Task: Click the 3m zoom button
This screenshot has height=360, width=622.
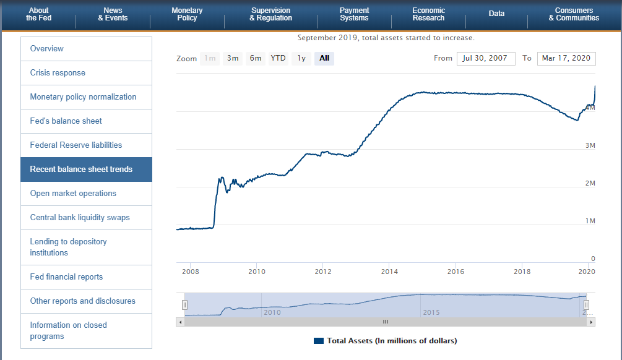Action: tap(233, 59)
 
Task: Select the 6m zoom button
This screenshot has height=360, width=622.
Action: tap(256, 59)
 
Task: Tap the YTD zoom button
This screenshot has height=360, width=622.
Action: tap(279, 59)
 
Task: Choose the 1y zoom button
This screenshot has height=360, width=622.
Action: tap(301, 59)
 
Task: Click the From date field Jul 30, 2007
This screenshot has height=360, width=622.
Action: tap(486, 59)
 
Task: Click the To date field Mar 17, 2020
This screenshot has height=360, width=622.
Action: tap(566, 59)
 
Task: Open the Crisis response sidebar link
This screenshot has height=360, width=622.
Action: tap(58, 73)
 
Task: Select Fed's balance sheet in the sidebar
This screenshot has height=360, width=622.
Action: tap(66, 121)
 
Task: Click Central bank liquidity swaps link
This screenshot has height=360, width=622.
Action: tap(80, 218)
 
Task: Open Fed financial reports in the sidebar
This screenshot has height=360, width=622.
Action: tap(66, 277)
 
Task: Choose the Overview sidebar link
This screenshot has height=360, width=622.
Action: tap(47, 49)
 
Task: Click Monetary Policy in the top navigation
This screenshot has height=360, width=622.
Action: tap(187, 14)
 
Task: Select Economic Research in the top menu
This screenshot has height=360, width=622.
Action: tap(428, 14)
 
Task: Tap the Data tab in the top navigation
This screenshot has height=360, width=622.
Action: tap(496, 14)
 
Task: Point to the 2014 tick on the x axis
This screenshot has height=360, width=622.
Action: tap(389, 272)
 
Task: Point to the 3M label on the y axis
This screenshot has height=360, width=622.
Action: tap(590, 145)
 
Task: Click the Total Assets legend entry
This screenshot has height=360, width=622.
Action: tap(386, 341)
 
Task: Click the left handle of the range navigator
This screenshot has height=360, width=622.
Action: tap(184, 305)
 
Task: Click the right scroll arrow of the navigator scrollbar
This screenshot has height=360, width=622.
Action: tap(591, 322)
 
